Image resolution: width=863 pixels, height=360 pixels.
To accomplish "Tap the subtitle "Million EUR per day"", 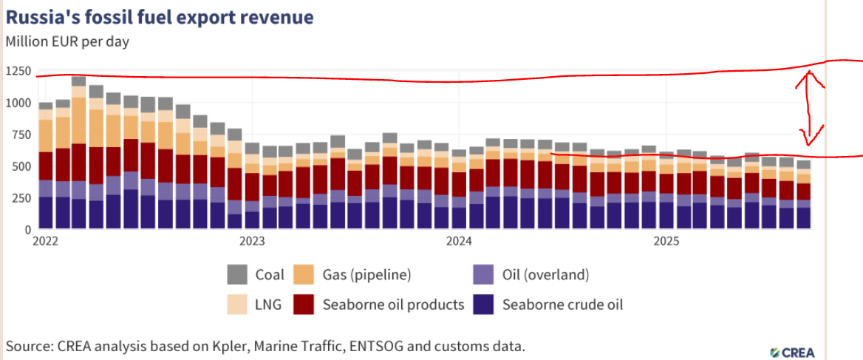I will [x=67, y=41].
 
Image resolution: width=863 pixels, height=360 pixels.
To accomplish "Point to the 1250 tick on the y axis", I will [x=17, y=72].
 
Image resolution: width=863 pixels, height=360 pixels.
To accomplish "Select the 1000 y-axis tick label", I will [x=17, y=103].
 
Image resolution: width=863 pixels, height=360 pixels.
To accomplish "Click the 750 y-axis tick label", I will [x=20, y=135].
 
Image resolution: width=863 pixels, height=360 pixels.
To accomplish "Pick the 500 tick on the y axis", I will [x=20, y=166].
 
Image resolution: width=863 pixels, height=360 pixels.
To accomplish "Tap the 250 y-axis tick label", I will [x=20, y=198].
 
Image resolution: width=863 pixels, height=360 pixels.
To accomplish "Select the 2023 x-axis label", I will [x=252, y=241].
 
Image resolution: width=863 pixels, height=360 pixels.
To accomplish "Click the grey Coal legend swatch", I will [x=238, y=274].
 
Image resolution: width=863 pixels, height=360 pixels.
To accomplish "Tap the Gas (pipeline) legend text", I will [x=366, y=275].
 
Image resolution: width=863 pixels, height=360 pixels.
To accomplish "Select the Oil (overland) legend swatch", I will [x=483, y=274].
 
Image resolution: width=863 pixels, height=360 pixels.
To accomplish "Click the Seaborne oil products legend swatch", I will [x=304, y=304].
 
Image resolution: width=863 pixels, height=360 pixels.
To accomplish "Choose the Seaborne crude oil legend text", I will [x=563, y=304].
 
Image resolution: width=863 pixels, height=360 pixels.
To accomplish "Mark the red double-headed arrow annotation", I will [x=810, y=108].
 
